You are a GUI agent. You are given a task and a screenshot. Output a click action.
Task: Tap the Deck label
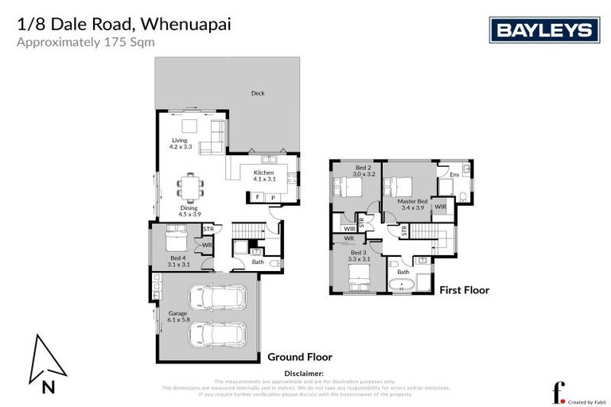pos(258,93)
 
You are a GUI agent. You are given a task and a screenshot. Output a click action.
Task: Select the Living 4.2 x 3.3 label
pos(181,144)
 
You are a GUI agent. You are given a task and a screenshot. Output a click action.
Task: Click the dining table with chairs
pos(191,188)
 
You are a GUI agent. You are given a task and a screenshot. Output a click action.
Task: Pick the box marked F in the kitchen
pos(258,196)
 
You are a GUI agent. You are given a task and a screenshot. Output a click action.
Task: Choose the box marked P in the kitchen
pos(273,196)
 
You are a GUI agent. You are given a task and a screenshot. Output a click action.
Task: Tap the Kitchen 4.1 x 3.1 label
pos(264,176)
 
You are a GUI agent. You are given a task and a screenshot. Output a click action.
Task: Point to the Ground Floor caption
pos(299,357)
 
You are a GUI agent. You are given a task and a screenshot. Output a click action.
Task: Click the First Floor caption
pos(464,290)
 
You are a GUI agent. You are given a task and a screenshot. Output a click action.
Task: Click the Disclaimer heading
pos(303,373)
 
